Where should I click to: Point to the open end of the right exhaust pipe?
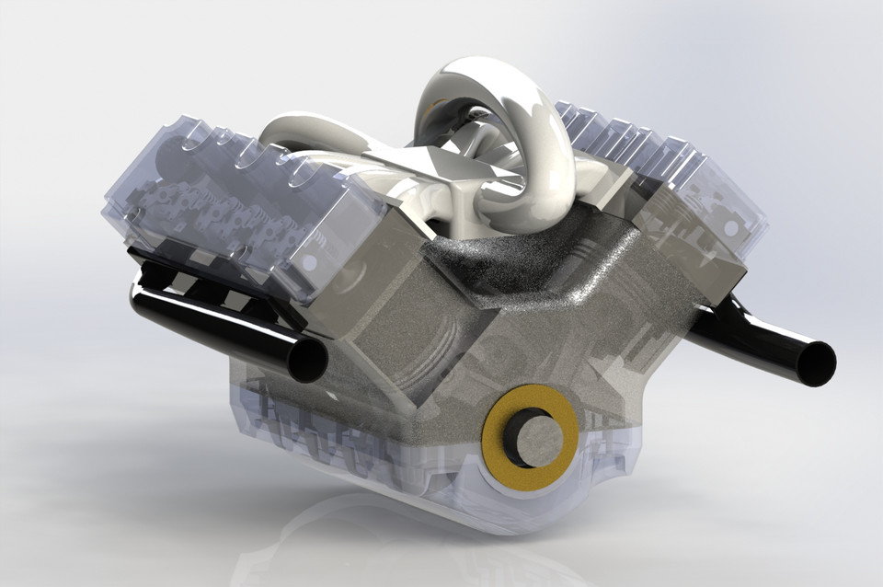815,363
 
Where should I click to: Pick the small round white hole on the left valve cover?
310,262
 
